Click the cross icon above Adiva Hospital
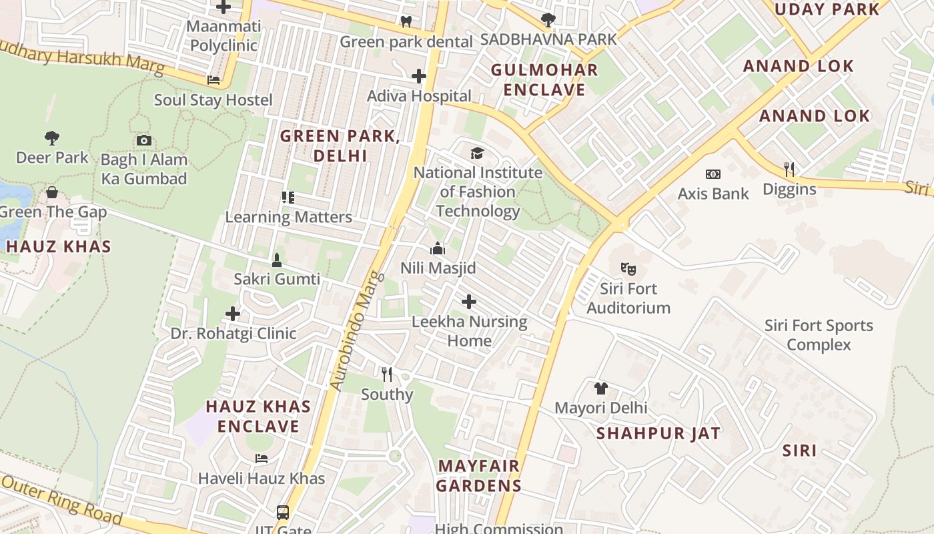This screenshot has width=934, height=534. pos(419,76)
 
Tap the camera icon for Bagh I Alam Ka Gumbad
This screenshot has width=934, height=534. pos(143,140)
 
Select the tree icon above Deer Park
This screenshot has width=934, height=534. pos(52,138)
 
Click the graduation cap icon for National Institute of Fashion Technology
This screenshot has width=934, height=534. pos(477,154)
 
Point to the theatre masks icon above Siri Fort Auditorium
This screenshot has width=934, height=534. pos(628,269)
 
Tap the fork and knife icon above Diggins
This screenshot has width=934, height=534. pos(789,170)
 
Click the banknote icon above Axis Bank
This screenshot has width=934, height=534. pos(713,174)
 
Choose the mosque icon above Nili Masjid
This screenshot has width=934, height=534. pos(438,249)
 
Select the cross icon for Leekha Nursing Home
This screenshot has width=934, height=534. pos(469,302)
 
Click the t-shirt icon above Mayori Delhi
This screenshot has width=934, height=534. pos(601,388)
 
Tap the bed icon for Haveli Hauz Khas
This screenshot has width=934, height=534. pos(262,459)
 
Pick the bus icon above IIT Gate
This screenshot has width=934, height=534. pos(283,513)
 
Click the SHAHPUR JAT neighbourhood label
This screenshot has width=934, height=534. pos(658,433)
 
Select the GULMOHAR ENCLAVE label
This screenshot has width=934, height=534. pos(544,79)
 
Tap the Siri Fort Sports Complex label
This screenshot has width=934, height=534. pos(819,335)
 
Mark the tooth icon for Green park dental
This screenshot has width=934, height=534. pos(406,21)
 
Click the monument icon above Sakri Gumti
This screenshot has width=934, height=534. pos(277,260)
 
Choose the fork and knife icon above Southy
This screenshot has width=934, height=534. pos(386,374)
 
